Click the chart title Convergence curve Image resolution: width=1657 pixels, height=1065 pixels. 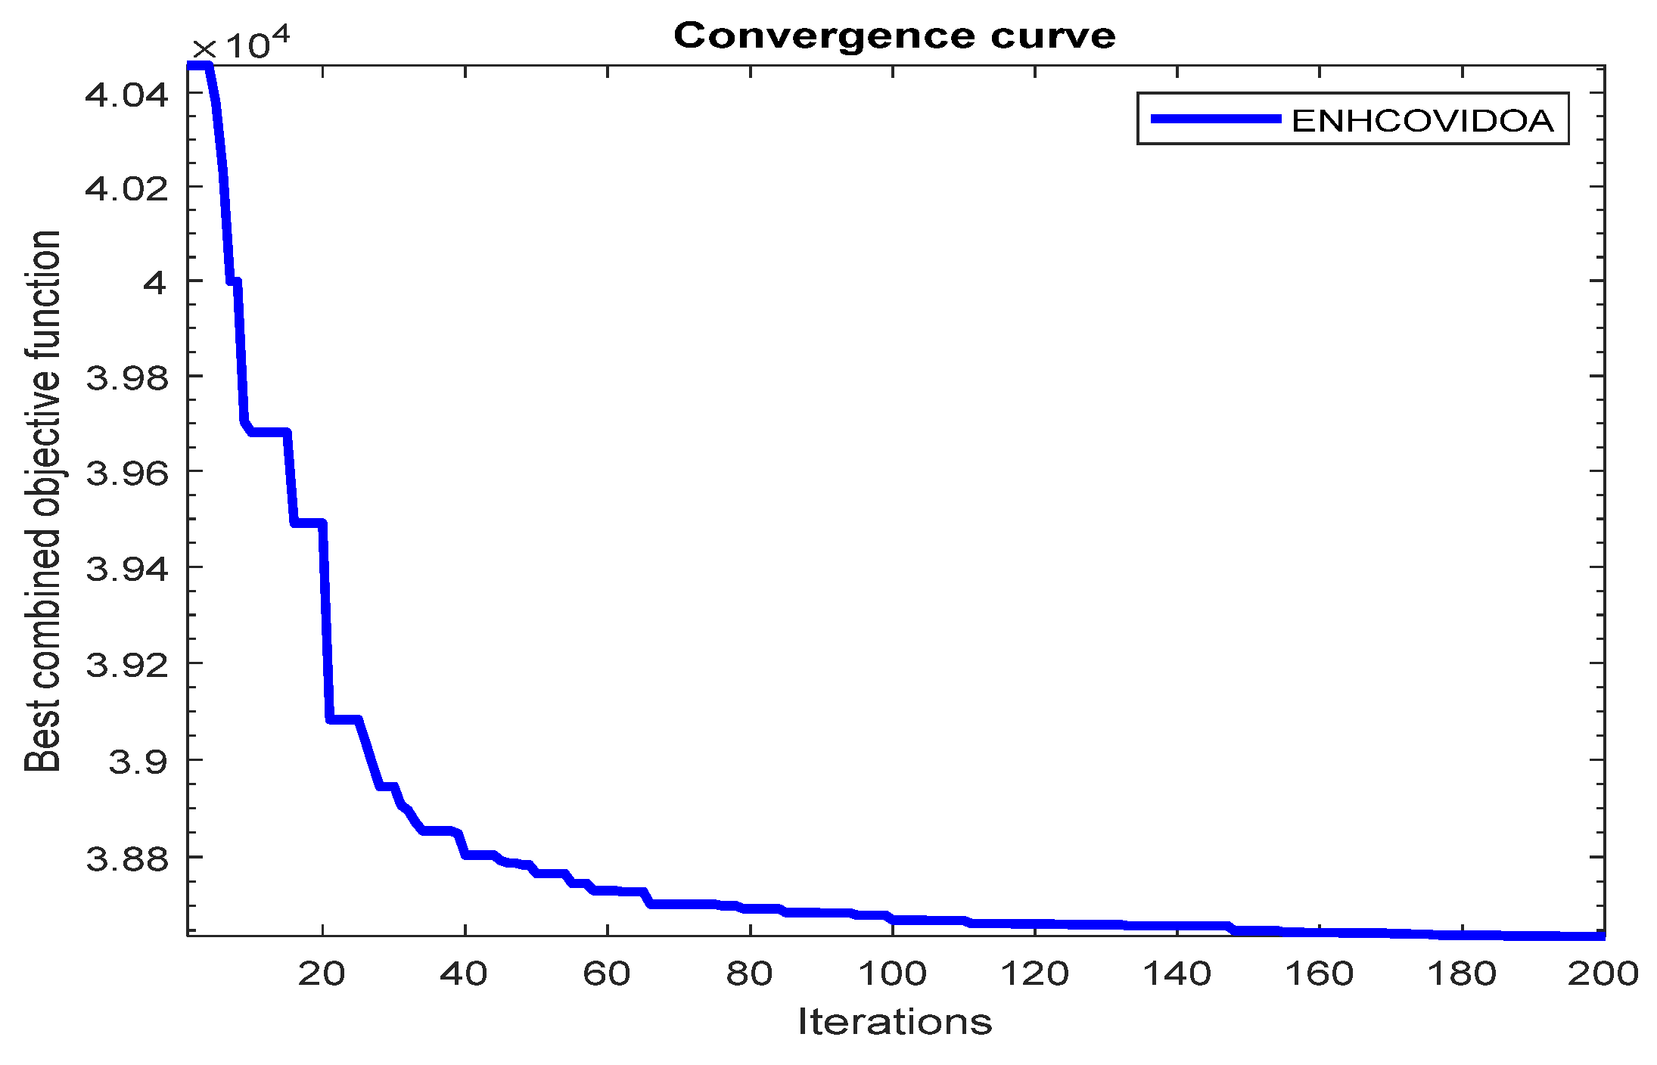894,36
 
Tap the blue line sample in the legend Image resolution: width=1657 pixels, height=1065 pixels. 1215,119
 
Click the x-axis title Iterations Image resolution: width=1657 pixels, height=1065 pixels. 894,1022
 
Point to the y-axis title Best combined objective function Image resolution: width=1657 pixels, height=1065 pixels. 43,501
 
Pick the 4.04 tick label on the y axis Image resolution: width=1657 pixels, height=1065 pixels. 126,95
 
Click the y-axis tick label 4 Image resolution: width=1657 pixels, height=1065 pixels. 154,283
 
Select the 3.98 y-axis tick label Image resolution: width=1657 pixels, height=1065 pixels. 126,377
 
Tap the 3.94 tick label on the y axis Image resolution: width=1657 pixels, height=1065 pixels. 126,568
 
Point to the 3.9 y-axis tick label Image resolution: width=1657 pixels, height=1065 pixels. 138,761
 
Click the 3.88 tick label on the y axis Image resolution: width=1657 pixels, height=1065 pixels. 126,859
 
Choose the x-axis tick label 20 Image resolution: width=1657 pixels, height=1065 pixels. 322,973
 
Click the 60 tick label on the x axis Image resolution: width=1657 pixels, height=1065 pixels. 607,973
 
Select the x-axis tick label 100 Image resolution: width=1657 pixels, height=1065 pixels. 892,973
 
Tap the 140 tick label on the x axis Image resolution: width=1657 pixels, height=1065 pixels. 1177,973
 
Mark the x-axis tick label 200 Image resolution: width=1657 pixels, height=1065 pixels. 1603,973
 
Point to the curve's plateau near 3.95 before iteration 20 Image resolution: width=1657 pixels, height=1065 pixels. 309,523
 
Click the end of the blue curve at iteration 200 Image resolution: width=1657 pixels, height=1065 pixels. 1601,936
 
